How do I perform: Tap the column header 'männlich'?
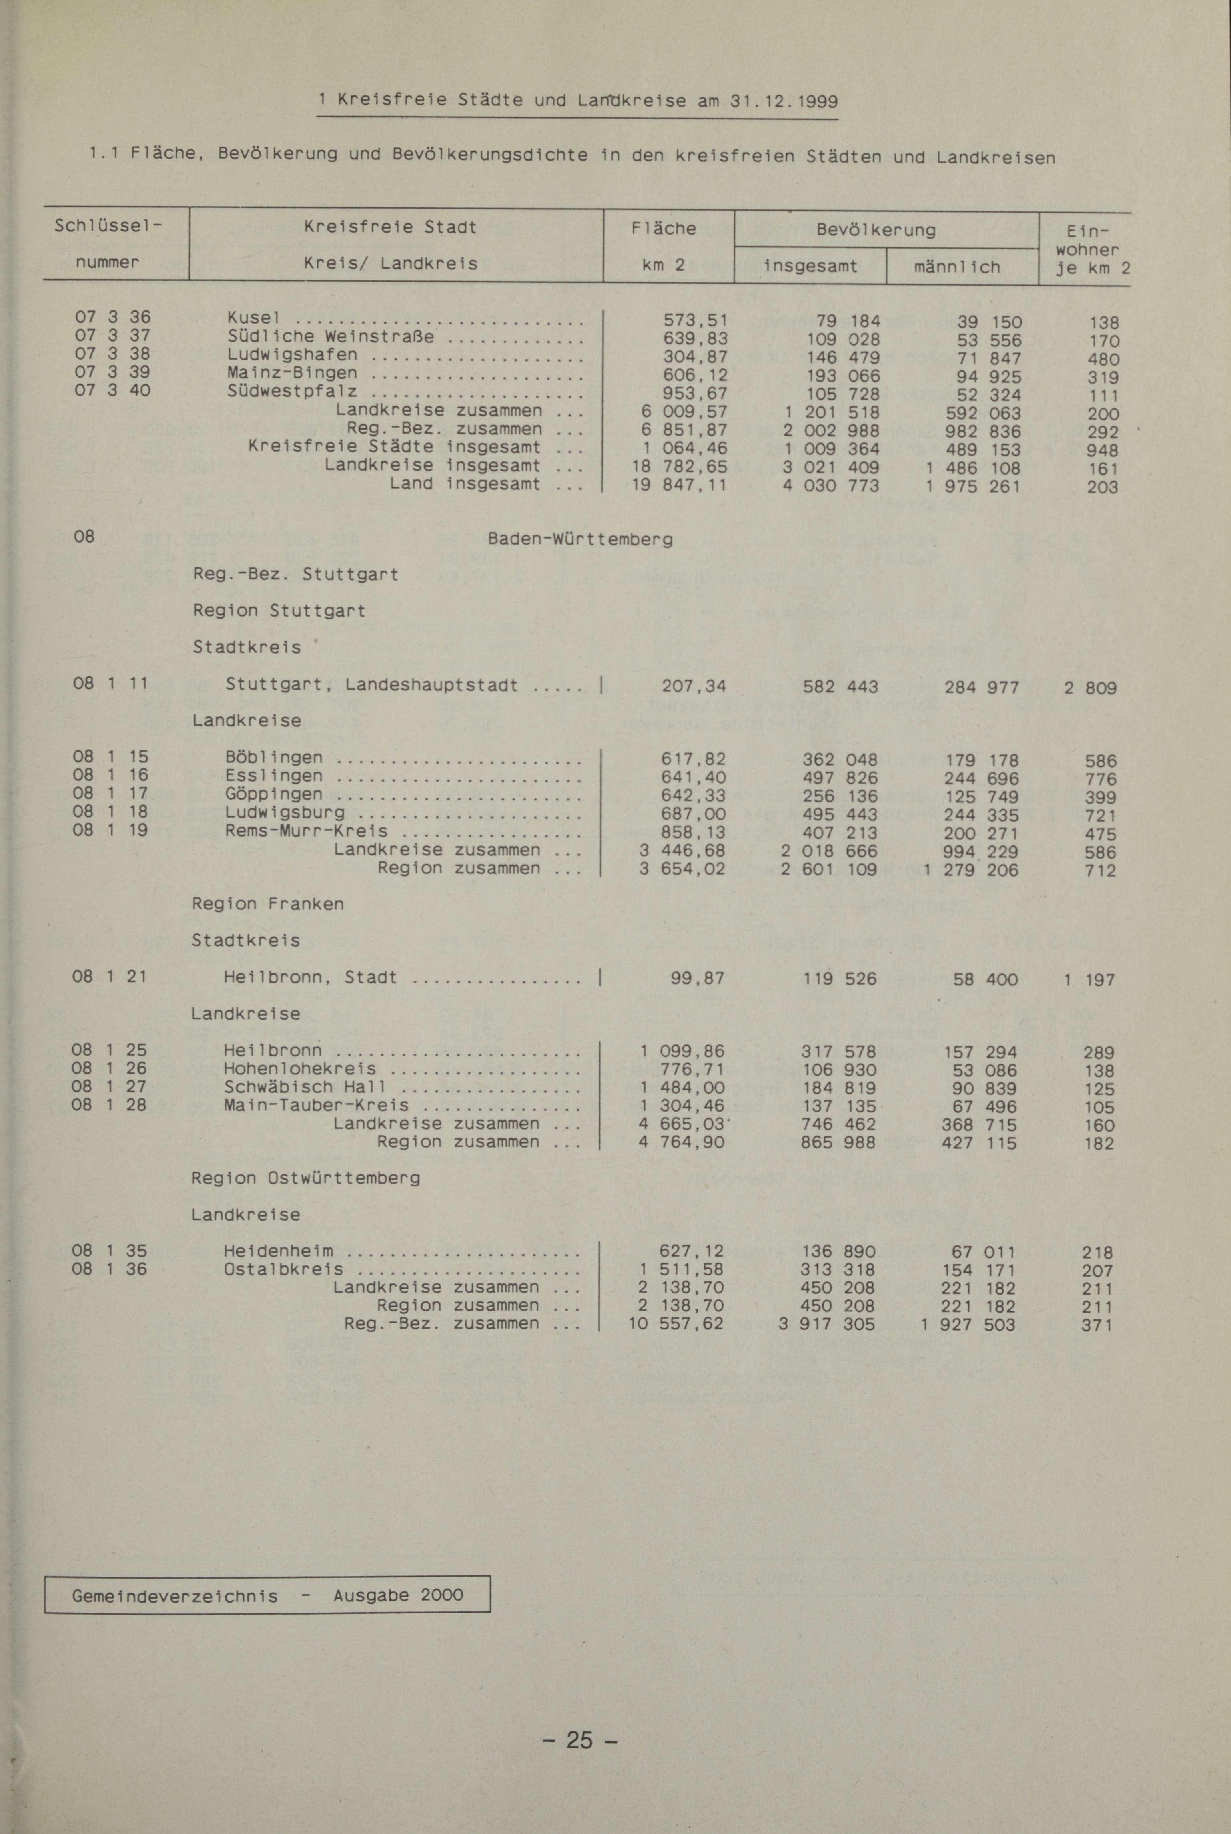coord(957,267)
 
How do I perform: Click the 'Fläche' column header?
coord(664,229)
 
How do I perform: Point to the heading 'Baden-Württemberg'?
coord(580,540)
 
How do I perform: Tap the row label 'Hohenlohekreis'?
coord(300,1069)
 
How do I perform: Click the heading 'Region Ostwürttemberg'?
coord(305,1178)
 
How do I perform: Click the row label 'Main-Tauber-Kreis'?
coord(317,1105)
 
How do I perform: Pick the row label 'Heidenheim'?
coord(279,1251)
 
